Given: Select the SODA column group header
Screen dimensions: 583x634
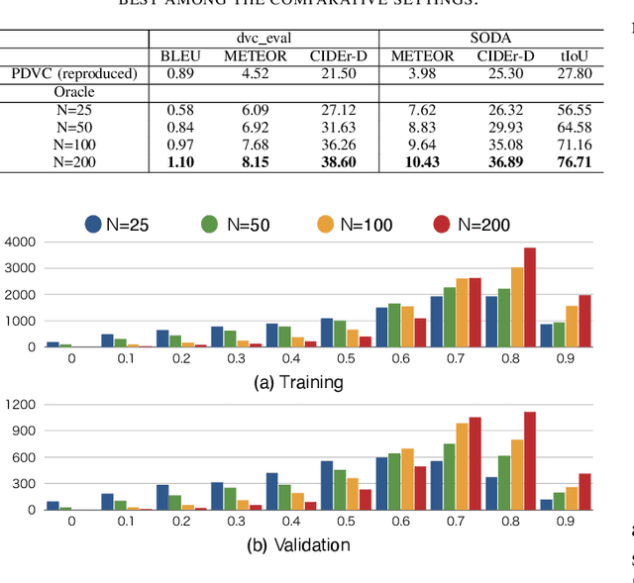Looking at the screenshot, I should [490, 38].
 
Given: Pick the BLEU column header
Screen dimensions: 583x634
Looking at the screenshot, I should [179, 55].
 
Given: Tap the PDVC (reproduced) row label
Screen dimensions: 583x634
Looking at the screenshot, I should [73, 73].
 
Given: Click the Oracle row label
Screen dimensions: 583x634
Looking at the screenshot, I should [73, 92].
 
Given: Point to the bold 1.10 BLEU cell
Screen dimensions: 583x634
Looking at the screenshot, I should [179, 161].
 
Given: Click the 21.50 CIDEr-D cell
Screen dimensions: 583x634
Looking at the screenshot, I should [337, 73].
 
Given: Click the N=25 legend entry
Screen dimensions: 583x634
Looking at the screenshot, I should [117, 224].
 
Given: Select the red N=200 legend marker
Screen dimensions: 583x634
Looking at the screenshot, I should [441, 224].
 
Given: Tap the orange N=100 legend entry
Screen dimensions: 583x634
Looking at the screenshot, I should [352, 224].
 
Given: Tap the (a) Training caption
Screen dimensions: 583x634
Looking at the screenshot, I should [297, 382].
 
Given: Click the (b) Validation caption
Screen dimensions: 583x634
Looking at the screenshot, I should [297, 544].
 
